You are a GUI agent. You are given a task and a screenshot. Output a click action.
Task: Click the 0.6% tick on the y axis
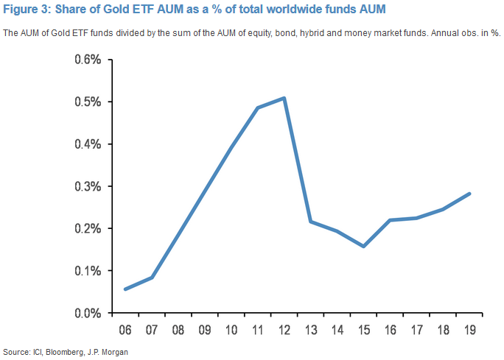pyautogui.click(x=87, y=60)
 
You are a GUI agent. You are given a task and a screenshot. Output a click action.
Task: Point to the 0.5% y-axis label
pyautogui.click(x=87, y=102)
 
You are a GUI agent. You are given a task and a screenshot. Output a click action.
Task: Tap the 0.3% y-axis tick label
pyautogui.click(x=87, y=186)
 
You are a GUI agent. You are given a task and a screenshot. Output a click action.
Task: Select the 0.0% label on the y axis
pyautogui.click(x=87, y=314)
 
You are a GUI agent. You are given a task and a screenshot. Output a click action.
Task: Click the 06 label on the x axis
pyautogui.click(x=126, y=329)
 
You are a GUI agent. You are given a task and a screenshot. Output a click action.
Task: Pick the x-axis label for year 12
pyautogui.click(x=284, y=329)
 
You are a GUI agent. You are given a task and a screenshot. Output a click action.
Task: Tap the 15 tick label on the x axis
pyautogui.click(x=363, y=329)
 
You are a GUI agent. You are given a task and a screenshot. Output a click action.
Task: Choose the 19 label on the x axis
pyautogui.click(x=469, y=329)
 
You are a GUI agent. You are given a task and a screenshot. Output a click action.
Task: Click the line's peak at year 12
pyautogui.click(x=284, y=98)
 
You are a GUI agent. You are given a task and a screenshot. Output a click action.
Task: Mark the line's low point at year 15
pyautogui.click(x=363, y=246)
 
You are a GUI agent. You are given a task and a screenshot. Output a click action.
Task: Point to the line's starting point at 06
pyautogui.click(x=125, y=289)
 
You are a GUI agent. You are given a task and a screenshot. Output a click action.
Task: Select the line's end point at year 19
pyautogui.click(x=469, y=194)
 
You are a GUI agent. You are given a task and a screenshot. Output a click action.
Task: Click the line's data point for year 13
pyautogui.click(x=310, y=222)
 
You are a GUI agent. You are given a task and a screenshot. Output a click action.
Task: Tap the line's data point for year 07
pyautogui.click(x=152, y=278)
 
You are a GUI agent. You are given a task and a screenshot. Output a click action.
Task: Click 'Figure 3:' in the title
pyautogui.click(x=27, y=10)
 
